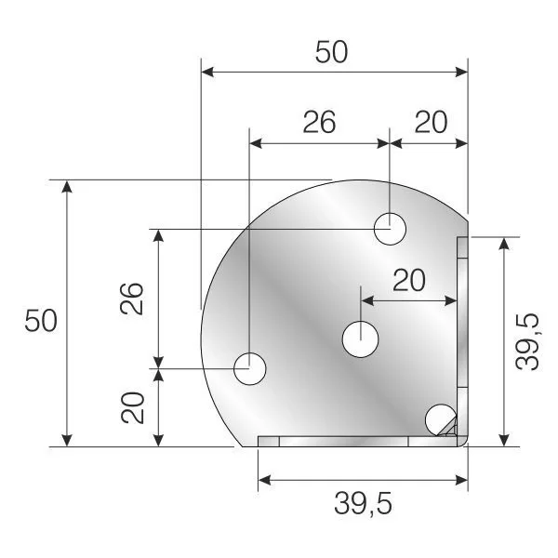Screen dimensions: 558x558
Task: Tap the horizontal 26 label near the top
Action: [x=318, y=122]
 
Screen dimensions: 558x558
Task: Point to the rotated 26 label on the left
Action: [x=134, y=299]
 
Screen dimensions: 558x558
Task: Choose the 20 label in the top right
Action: [x=430, y=122]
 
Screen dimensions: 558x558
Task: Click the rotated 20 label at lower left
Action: [x=134, y=407]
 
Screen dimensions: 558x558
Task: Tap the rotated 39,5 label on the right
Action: [x=527, y=341]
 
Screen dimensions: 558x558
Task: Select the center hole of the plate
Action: [x=359, y=339]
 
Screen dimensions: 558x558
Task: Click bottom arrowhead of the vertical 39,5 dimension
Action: [x=504, y=440]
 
